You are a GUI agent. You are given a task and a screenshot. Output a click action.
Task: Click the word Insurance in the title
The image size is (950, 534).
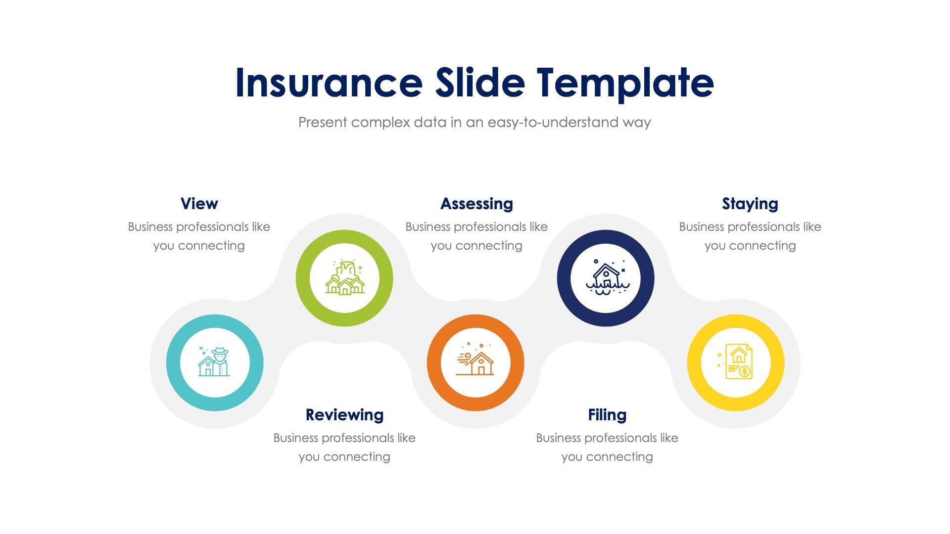[329, 83]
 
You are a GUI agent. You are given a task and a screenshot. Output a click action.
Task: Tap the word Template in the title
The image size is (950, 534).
[625, 83]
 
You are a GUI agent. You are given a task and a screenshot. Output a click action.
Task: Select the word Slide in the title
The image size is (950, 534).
[479, 83]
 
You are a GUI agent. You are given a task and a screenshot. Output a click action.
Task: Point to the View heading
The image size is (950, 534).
[199, 204]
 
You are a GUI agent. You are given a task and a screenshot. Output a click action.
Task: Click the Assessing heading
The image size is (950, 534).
[476, 204]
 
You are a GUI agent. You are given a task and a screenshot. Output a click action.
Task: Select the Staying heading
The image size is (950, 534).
[750, 204]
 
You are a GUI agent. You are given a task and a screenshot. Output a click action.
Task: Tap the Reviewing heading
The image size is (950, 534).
[344, 415]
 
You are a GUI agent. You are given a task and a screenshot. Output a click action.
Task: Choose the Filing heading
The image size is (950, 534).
[607, 415]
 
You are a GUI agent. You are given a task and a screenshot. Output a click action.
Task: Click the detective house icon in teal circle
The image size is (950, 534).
[214, 362]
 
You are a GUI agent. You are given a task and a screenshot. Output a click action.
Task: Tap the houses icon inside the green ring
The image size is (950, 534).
[345, 278]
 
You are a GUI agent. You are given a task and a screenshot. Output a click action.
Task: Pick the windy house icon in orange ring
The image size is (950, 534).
[475, 362]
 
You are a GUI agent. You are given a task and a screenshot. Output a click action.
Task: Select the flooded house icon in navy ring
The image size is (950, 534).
[606, 278]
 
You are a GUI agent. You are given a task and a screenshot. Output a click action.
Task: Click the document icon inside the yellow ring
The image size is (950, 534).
[737, 362]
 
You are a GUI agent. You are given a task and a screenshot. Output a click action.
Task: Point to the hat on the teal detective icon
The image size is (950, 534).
[220, 351]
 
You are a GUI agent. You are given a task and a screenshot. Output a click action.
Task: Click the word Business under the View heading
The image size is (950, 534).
[150, 227]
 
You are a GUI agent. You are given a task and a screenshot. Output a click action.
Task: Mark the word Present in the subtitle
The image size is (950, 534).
[323, 122]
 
